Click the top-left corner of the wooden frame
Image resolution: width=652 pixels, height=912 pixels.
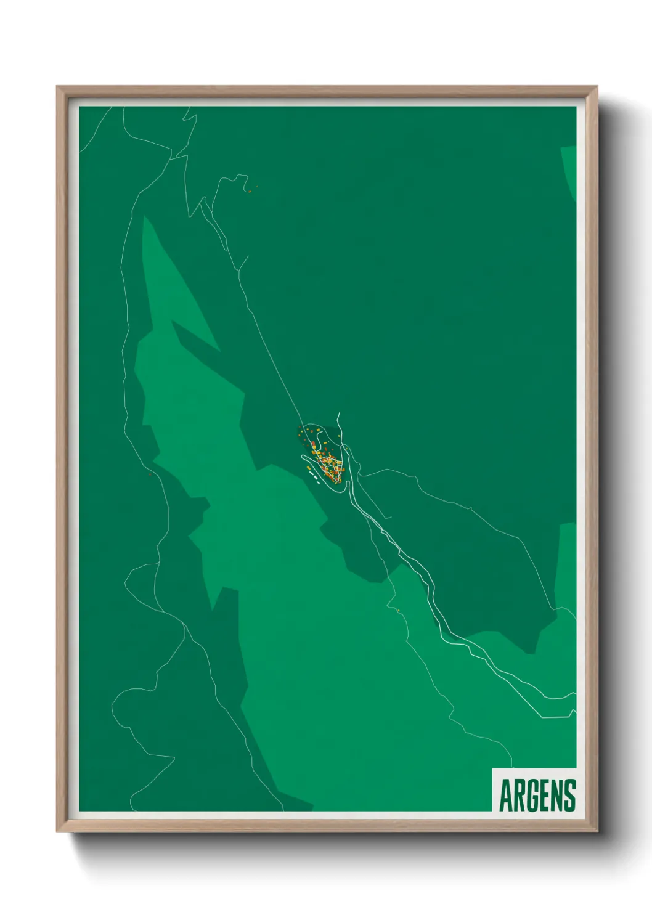pyautogui.click(x=58, y=88)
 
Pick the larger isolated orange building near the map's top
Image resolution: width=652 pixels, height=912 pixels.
pyautogui.click(x=250, y=191)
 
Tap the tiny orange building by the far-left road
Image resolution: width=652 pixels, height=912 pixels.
pyautogui.click(x=150, y=474)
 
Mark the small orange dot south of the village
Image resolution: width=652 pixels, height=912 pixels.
pyautogui.click(x=399, y=610)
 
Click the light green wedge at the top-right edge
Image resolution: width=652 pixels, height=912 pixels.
pyautogui.click(x=570, y=169)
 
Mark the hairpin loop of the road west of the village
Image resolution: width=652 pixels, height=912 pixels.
pyautogui.click(x=303, y=457)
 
